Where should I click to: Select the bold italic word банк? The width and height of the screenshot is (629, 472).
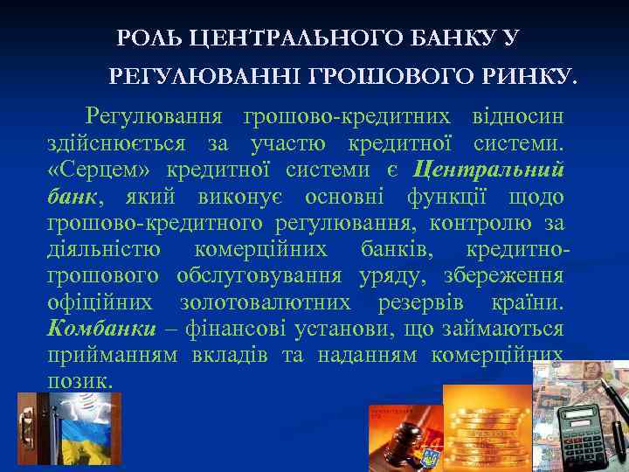click(x=73, y=198)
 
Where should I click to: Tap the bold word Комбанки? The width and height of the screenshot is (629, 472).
click(x=102, y=330)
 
